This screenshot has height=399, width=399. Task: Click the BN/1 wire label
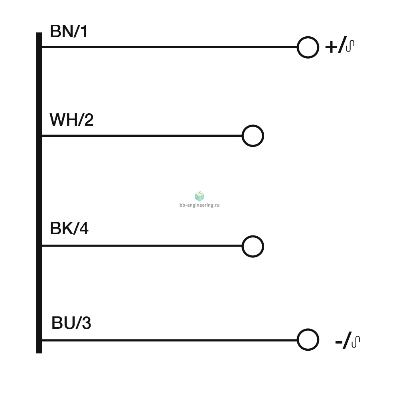coord(69,31)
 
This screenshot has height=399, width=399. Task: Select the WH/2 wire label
coord(71,120)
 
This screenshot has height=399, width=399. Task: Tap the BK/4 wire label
coord(69,228)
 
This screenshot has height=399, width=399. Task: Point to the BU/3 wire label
coord(71,323)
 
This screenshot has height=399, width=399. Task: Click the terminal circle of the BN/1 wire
coord(308,37)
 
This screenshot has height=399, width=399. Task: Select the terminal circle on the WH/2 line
coord(253,125)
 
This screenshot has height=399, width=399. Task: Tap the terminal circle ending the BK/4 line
coord(253,236)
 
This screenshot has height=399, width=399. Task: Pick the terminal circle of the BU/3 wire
coord(308,329)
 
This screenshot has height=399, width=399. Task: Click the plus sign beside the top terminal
coord(331,47)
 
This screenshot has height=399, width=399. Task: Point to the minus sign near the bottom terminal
coord(339,342)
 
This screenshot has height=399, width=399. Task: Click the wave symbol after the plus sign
coord(350,46)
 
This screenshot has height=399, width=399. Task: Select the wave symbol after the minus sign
coord(356,342)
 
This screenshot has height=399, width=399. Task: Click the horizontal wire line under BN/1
coord(170,47)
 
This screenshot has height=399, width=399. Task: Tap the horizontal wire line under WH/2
coord(142,136)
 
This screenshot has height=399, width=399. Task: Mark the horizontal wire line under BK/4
coord(142,246)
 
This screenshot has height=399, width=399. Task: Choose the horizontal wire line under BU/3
coord(170,340)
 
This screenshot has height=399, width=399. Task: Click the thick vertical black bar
coord(39,193)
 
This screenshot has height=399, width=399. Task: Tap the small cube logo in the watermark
coord(199,196)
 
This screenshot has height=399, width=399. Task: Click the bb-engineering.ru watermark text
coord(199,205)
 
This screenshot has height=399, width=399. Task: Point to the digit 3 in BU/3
coord(87,323)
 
